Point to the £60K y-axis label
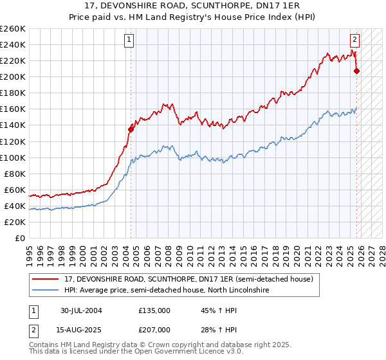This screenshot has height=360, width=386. click(14, 190)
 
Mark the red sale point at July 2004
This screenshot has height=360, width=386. click(131, 129)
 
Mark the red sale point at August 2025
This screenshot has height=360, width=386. click(357, 71)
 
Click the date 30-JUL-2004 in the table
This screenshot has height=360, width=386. click(81, 310)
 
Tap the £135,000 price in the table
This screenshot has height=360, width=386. click(154, 310)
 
